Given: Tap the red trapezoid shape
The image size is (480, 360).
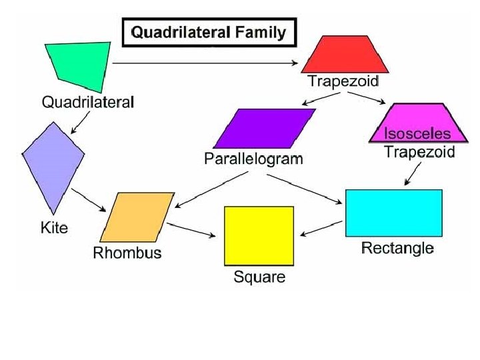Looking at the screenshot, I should click(344, 55).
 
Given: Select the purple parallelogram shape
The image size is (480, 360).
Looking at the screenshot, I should click(264, 128).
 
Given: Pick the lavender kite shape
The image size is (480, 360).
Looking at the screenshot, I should click(53, 163).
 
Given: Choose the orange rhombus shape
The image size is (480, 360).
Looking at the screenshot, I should click(136, 217).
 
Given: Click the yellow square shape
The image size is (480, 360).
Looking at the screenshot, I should click(259, 235).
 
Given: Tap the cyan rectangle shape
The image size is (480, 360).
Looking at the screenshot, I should click(393, 213).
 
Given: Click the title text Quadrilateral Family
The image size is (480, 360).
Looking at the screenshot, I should click(209, 33).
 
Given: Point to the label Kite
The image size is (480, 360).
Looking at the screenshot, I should click(54, 227).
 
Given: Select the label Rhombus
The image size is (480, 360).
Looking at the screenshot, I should click(127, 253).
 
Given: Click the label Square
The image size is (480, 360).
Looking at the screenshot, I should click(259, 277).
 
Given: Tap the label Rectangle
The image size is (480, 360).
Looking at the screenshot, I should click(397, 249).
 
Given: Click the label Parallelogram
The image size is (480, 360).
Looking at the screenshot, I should click(253, 159).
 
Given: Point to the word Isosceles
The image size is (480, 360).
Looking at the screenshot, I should click(416, 133).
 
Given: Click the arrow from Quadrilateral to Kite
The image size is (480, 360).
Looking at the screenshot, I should click(81, 121).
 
